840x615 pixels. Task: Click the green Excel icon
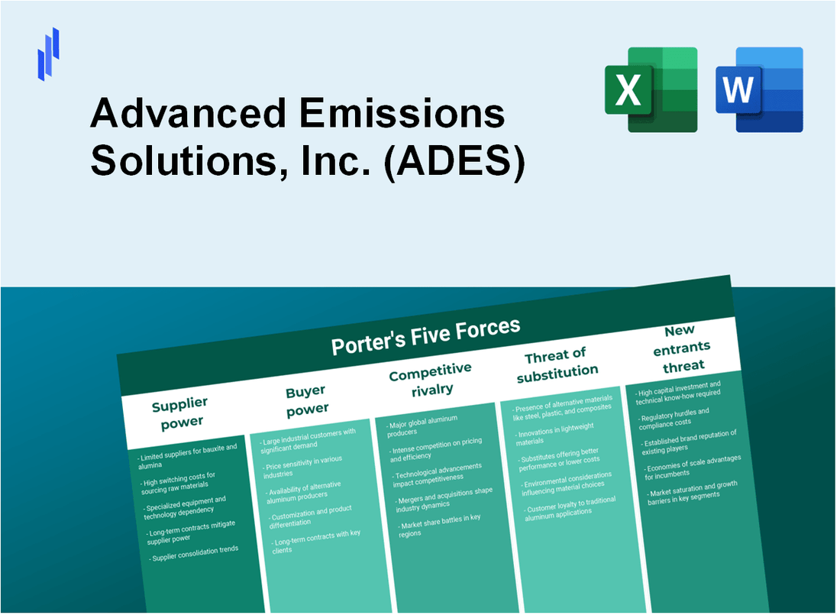pos(651,89)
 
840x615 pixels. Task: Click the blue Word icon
pos(759,89)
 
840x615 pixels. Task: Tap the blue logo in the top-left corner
pos(48,54)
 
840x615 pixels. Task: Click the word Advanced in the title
pos(186,115)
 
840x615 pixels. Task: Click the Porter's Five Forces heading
pos(425,336)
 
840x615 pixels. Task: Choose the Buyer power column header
pos(305,400)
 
